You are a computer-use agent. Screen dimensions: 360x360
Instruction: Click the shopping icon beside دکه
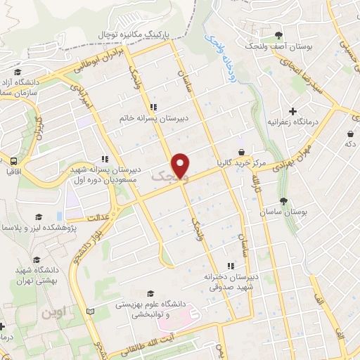[349, 134]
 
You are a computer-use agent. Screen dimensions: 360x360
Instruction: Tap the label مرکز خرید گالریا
[241, 163]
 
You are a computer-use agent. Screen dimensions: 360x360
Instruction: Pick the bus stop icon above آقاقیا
[12, 160]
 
